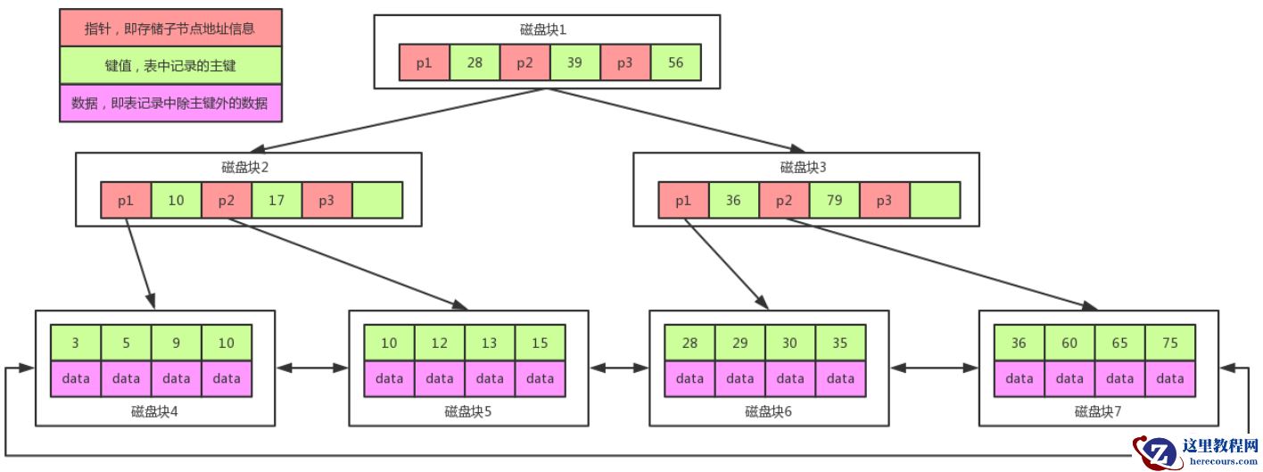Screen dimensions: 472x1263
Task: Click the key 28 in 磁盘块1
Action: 475,62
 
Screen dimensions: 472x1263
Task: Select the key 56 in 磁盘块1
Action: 676,62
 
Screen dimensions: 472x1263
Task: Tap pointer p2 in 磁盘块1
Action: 525,62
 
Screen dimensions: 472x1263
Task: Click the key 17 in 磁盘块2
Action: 277,201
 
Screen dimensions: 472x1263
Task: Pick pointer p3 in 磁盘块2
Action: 326,201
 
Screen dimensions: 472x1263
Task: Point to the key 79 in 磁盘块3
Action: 835,201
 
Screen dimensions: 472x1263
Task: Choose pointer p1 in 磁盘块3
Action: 683,201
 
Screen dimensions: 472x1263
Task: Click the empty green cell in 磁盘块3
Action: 935,201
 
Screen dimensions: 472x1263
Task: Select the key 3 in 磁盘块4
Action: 76,343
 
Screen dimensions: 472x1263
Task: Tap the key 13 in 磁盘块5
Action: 490,343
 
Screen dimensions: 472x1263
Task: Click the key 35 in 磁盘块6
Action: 840,343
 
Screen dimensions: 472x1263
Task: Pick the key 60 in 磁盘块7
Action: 1069,343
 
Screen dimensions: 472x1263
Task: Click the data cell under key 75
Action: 1170,378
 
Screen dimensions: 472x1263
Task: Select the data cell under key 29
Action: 739,378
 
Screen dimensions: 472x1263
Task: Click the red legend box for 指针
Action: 170,28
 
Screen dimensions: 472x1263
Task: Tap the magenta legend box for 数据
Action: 170,104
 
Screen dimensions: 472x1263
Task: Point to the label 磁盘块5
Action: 467,411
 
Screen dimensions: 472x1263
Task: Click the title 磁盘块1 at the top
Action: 543,29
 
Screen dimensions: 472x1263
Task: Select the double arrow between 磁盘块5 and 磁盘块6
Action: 618,367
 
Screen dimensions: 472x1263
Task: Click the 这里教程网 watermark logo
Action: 1195,450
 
